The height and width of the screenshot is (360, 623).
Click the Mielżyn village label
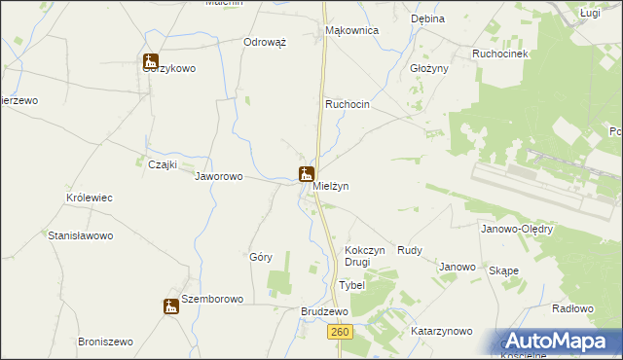tap(330, 185)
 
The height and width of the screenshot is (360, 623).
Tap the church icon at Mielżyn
tap(306, 174)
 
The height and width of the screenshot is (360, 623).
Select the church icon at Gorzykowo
tap(150, 61)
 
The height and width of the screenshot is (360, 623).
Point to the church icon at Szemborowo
tap(170, 306)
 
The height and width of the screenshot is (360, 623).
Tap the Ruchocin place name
tap(348, 104)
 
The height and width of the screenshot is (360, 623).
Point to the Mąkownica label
tap(350, 30)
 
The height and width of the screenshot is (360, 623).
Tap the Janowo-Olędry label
tap(517, 230)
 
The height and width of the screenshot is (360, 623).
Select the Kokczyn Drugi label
tap(365, 256)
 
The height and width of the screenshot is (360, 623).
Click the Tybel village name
tap(351, 285)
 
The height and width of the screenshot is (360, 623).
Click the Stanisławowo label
tap(81, 235)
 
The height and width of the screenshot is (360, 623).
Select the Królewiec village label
tap(90, 198)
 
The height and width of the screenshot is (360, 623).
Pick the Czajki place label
tap(162, 164)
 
